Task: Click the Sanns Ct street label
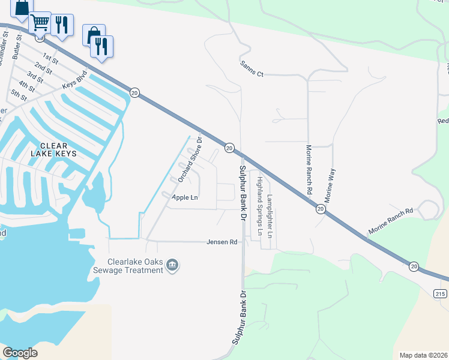coord(252,68)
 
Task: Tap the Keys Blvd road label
coord(74,81)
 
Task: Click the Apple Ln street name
coord(185,197)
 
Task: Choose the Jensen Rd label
coord(222,242)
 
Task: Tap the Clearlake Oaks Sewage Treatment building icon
coord(173,265)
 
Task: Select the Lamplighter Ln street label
coord(270,217)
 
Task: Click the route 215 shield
coord(439,292)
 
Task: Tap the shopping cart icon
coord(40,23)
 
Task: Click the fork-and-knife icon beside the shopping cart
coord(62,25)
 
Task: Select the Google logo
coord(20,353)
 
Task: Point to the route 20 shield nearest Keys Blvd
coord(134,93)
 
